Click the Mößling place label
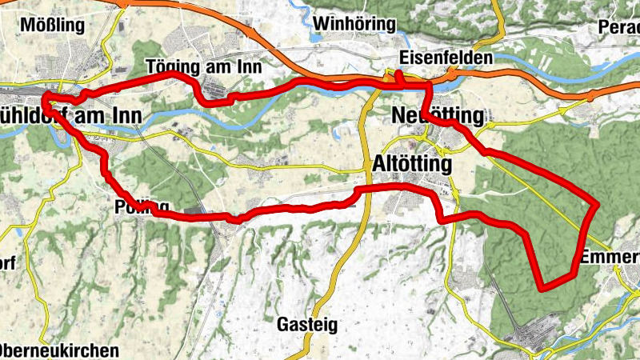click(52, 25)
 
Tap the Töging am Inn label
click(205, 67)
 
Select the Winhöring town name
click(355, 23)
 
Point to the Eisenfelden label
click(446, 58)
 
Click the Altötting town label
click(412, 163)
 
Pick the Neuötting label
click(438, 116)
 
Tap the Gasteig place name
click(307, 325)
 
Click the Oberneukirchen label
click(59, 350)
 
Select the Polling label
click(130, 204)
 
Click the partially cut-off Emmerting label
click(610, 258)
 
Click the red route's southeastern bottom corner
click(543, 286)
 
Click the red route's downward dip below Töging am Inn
click(210, 99)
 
